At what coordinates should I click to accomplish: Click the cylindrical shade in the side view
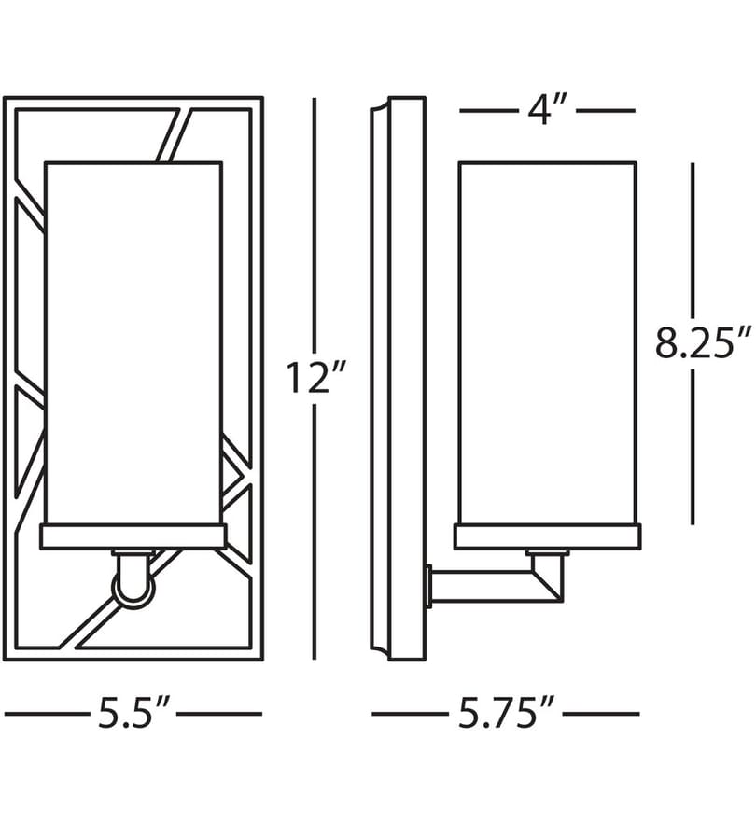[548, 342]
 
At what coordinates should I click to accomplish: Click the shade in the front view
[133, 342]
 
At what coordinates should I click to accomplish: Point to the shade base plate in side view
[548, 536]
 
